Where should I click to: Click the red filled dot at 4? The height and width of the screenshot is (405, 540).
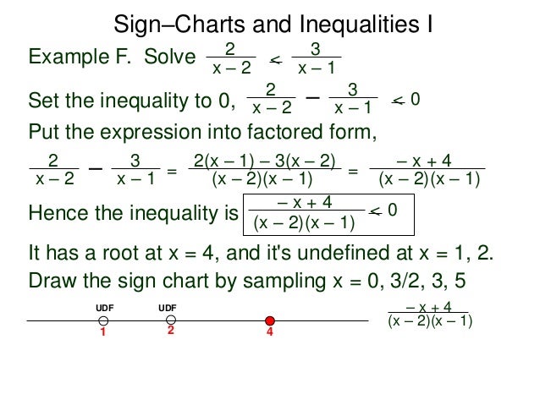click(270, 320)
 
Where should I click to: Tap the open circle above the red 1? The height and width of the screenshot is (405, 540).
click(102, 321)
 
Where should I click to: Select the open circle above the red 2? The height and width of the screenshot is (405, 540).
click(171, 320)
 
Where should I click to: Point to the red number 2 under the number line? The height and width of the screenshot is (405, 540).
click(170, 332)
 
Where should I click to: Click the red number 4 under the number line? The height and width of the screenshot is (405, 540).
click(270, 334)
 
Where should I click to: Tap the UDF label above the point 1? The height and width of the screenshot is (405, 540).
click(102, 308)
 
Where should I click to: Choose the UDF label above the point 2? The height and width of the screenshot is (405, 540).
click(169, 308)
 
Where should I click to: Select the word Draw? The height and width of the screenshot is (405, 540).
click(48, 279)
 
